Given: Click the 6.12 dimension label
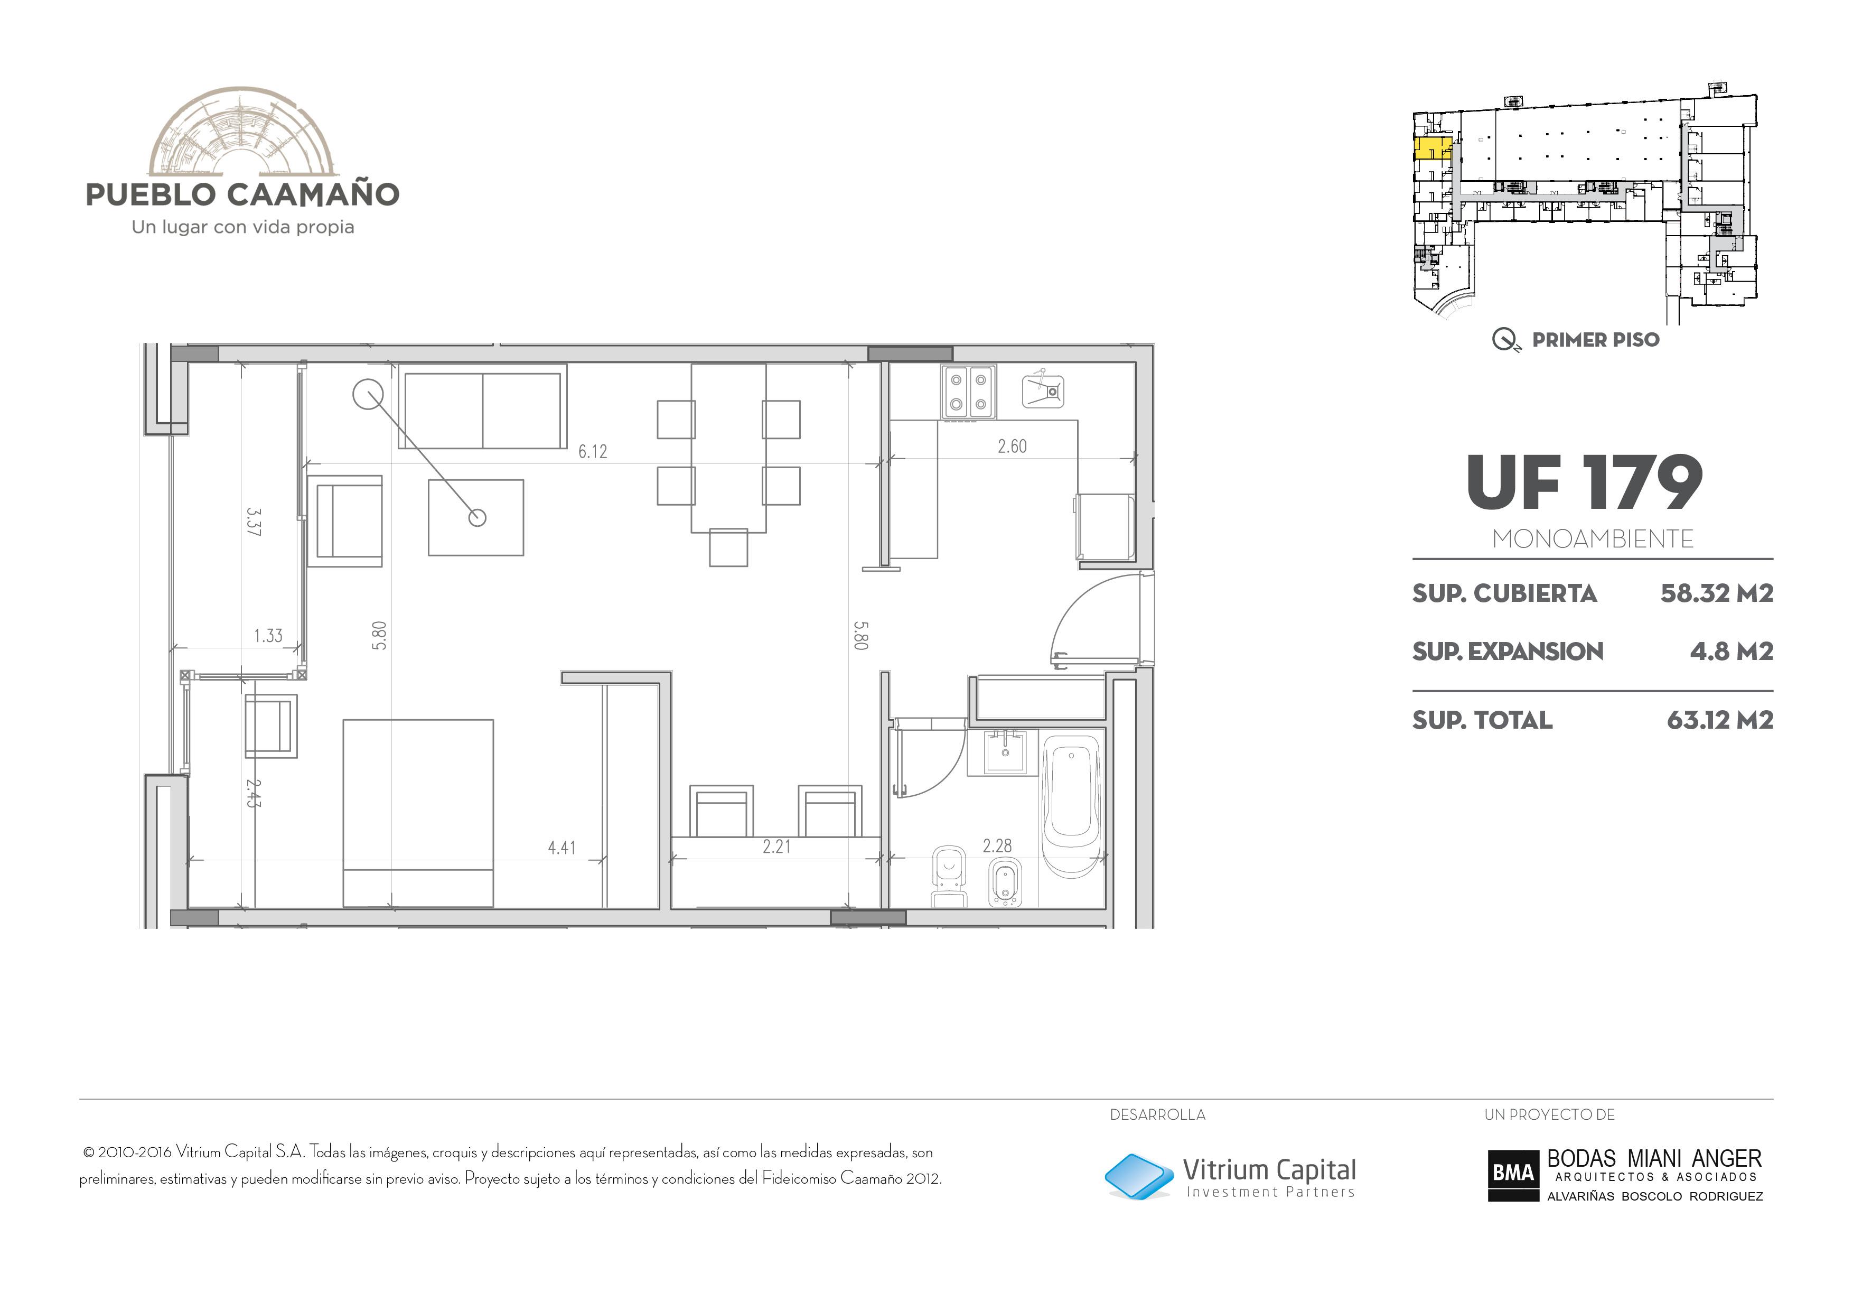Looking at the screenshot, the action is (x=592, y=451).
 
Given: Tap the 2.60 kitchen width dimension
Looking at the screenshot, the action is (x=1012, y=447).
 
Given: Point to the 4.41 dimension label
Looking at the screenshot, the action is (x=561, y=848).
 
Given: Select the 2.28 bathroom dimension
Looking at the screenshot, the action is (x=997, y=846).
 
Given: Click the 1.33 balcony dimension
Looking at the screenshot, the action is (x=268, y=635).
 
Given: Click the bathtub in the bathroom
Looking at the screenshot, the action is (x=1072, y=806).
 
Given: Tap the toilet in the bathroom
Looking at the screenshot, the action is (x=949, y=877).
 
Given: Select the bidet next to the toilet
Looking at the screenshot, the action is (x=1006, y=881).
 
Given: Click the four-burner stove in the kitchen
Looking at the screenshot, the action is (x=968, y=392).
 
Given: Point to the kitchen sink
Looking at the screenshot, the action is (x=1043, y=390).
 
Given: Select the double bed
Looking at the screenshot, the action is (x=418, y=813).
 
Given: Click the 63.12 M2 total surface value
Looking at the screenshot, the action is (x=1720, y=720).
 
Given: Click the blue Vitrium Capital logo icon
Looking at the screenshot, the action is (x=1139, y=1176).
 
